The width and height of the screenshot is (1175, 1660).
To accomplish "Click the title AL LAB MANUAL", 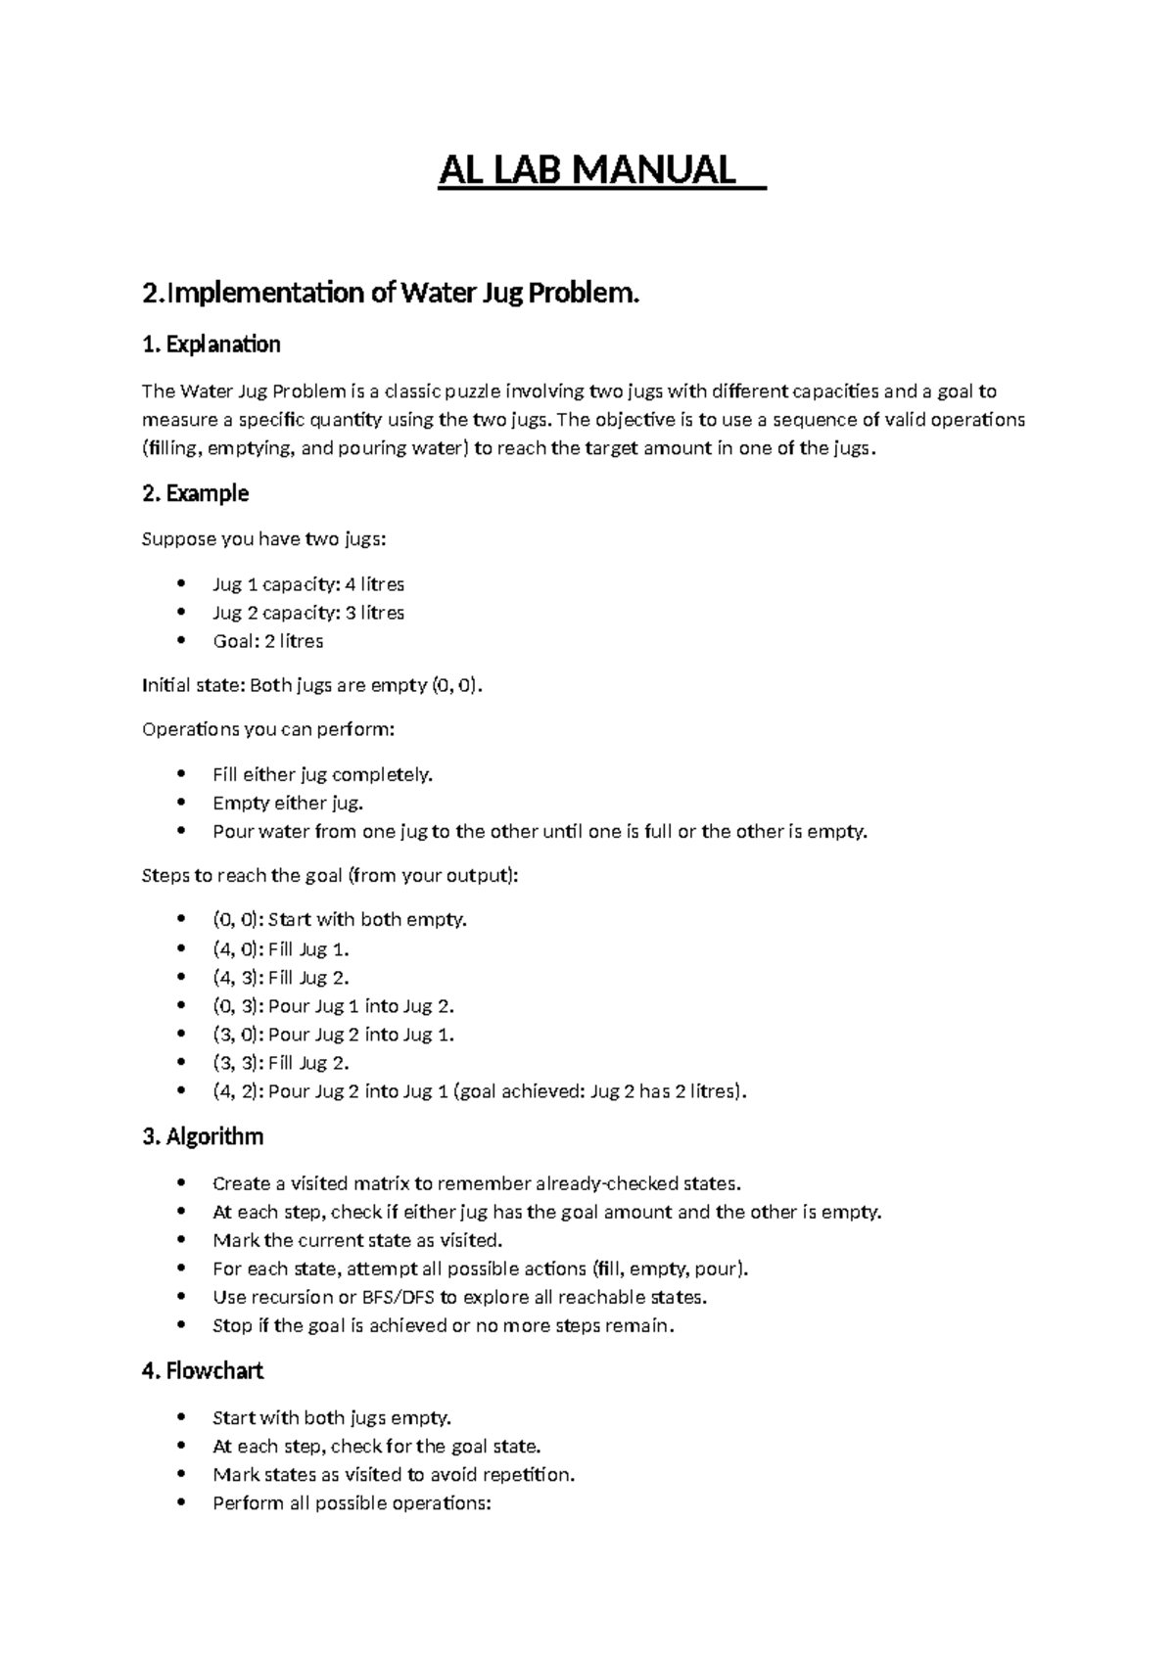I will [587, 170].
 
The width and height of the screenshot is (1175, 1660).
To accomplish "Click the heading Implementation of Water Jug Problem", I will [390, 293].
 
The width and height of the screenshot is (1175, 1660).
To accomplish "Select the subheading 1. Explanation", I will [211, 345].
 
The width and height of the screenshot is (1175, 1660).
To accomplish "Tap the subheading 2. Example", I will [195, 493].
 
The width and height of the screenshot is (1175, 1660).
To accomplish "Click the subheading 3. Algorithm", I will [203, 1136].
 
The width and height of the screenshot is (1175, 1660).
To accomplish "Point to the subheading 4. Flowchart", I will [203, 1371].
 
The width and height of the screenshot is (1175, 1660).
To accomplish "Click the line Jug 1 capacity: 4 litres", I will [307, 584].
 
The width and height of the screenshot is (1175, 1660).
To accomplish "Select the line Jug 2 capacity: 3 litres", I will [307, 613].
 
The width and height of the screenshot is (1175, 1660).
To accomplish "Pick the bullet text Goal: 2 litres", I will [267, 641].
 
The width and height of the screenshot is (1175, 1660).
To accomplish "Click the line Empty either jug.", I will [287, 804].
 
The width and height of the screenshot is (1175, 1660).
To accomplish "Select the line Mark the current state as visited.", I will [356, 1241].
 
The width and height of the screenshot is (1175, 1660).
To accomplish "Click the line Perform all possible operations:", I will [351, 1503].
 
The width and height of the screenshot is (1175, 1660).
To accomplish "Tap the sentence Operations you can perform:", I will [268, 730].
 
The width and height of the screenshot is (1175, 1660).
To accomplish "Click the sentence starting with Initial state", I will [312, 686].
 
